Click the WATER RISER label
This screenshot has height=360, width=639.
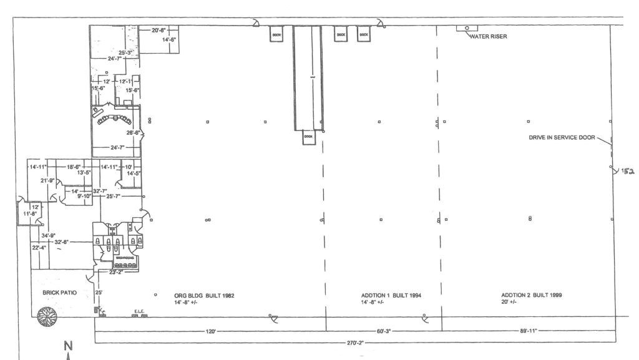(x=489, y=37)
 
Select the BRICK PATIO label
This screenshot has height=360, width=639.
(x=60, y=293)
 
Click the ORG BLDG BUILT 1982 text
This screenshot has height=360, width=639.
(x=204, y=295)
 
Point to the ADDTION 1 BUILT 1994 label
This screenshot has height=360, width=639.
(x=391, y=295)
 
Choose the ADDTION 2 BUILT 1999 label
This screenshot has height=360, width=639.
(x=531, y=295)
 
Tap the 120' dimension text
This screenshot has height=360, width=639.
(x=210, y=331)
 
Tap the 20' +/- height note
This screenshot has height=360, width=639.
(x=509, y=303)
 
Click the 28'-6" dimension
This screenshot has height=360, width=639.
(x=133, y=133)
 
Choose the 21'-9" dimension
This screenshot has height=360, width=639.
(x=47, y=181)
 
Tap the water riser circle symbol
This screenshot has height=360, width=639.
(x=467, y=28)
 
